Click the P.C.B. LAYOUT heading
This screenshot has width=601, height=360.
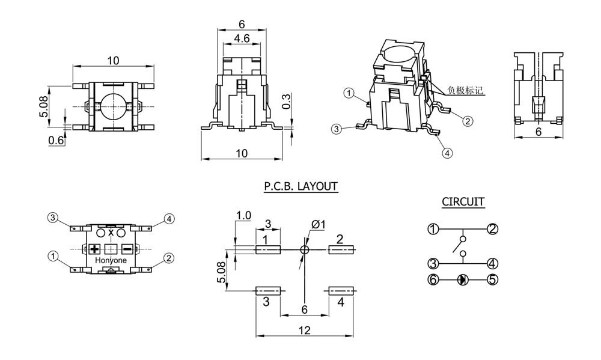(300, 186)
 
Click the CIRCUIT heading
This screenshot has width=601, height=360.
(463, 202)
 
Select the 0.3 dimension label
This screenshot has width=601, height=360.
(287, 100)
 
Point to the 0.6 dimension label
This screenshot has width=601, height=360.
(56, 140)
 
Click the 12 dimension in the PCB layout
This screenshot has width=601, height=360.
(304, 329)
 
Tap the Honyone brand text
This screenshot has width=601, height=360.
(111, 260)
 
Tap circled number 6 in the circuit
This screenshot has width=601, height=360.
(433, 279)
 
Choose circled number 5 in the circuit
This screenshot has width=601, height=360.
(493, 279)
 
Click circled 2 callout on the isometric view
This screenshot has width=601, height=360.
(468, 121)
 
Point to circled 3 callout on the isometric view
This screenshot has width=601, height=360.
(337, 129)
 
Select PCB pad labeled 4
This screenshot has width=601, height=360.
(341, 291)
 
